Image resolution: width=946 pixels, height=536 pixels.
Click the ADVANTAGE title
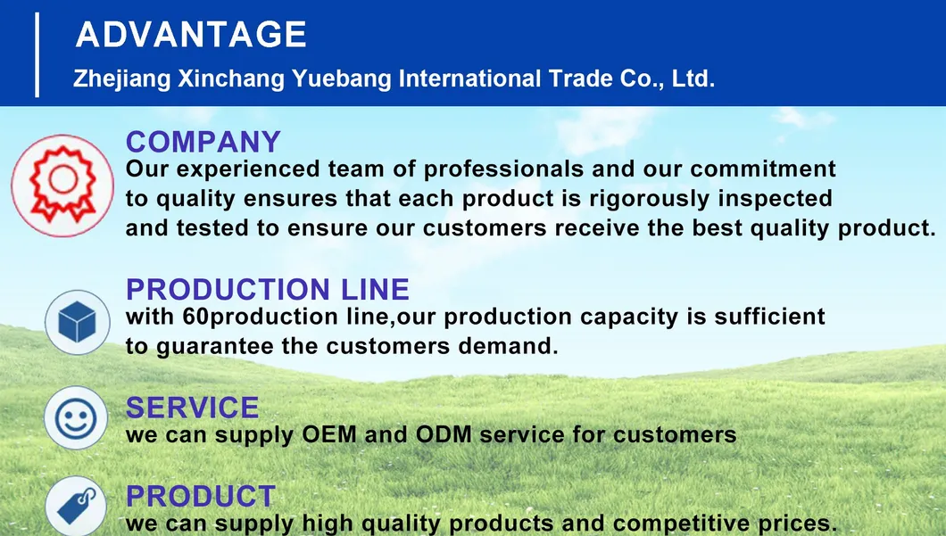(x=191, y=35)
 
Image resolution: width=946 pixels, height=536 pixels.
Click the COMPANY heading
(x=203, y=142)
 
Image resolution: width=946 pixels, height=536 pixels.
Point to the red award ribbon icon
(x=62, y=185)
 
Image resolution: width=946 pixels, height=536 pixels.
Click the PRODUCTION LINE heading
(x=268, y=289)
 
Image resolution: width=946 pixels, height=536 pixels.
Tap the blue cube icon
(x=77, y=321)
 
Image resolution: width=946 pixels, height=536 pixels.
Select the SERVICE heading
(x=192, y=408)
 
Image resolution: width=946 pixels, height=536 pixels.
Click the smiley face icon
(x=76, y=417)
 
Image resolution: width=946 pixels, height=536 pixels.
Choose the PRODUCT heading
(x=201, y=496)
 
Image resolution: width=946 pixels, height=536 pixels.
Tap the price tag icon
(x=75, y=506)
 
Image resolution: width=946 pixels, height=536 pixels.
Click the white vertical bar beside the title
(x=37, y=54)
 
